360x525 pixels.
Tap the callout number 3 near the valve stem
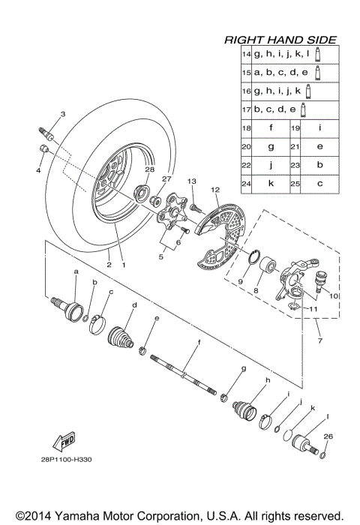click(x=62, y=114)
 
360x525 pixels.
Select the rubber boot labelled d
click(x=121, y=335)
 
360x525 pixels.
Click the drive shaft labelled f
click(x=187, y=374)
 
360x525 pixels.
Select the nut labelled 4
click(x=44, y=149)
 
